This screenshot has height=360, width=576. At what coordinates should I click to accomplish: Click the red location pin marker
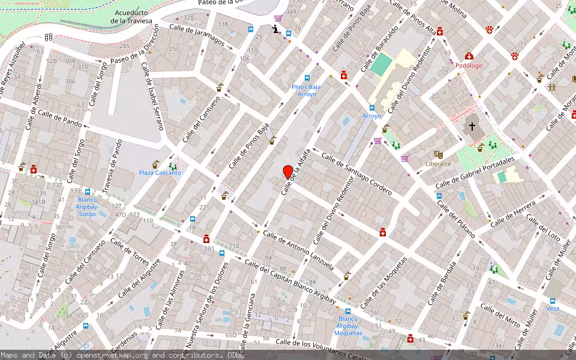tap(287, 172)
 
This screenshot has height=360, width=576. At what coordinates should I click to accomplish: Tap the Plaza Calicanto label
tap(160, 173)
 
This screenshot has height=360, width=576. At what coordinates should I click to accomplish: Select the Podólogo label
tap(469, 66)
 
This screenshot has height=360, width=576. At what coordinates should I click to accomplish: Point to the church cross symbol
tap(472, 127)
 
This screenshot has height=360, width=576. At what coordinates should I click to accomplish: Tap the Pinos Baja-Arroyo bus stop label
tap(307, 91)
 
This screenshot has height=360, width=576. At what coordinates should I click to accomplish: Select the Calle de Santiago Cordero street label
tap(356, 174)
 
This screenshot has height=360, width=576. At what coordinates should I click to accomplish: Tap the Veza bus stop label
tap(553, 308)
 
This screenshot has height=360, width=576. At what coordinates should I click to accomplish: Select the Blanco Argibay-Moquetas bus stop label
tap(349, 326)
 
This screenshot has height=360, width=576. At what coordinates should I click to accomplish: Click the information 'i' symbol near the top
tap(275, 29)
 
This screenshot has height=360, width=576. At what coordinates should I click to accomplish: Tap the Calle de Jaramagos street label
tap(196, 35)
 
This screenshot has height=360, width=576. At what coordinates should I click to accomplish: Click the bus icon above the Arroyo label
tap(371, 108)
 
